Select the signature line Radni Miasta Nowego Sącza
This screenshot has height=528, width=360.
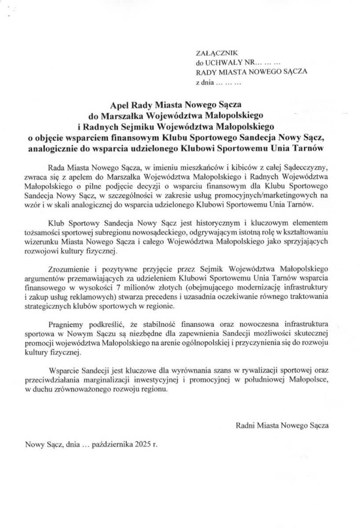pos(282,426)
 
